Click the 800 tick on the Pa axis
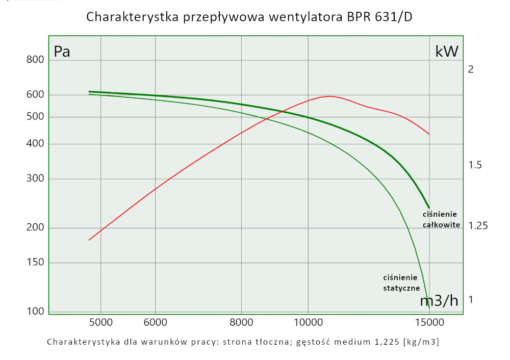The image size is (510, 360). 35,60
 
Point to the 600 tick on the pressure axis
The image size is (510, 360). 35,95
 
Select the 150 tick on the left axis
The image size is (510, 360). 35,263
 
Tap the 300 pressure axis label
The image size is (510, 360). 35,179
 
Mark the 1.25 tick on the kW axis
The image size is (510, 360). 477,225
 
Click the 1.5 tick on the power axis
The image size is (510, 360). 475,165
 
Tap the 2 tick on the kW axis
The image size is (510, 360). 471,69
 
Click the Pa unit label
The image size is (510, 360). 62,52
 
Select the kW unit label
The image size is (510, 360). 447,51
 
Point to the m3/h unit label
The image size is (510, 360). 439,301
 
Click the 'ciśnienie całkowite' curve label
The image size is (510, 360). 441,219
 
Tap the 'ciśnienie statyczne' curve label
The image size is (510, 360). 401,282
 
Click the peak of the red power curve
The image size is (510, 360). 330,96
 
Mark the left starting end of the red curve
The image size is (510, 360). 89,240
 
